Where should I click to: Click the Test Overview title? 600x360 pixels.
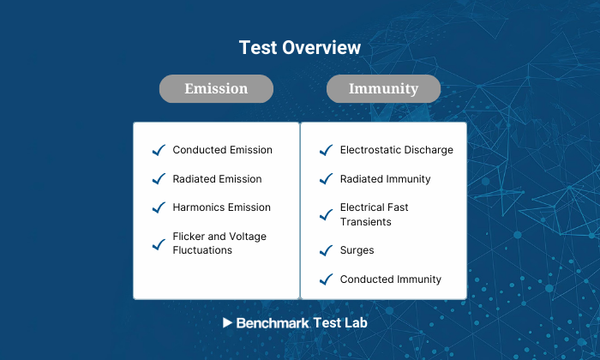point(299,47)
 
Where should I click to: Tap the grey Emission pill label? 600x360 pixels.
point(216,88)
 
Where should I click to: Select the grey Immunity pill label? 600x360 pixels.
point(383,88)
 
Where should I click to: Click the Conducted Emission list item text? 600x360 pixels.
point(222,150)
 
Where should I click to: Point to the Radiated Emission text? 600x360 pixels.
point(217,179)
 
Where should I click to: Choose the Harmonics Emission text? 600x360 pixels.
point(221,207)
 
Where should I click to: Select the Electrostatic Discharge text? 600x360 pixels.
point(396,150)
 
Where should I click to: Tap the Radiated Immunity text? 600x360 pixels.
point(385,179)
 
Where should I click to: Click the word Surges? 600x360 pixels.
point(357,251)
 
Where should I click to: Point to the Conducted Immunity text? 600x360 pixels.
point(390,279)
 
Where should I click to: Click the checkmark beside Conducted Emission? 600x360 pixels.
point(158,150)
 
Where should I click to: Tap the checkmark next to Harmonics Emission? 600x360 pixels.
point(158,207)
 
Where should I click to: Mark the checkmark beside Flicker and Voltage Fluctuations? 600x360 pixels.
point(158,244)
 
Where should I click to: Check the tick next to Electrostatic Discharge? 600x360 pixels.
point(325,150)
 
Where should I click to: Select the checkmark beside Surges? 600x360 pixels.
point(325,251)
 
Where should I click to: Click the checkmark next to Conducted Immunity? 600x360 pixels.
point(325,279)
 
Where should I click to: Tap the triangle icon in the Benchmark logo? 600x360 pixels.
point(227,323)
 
